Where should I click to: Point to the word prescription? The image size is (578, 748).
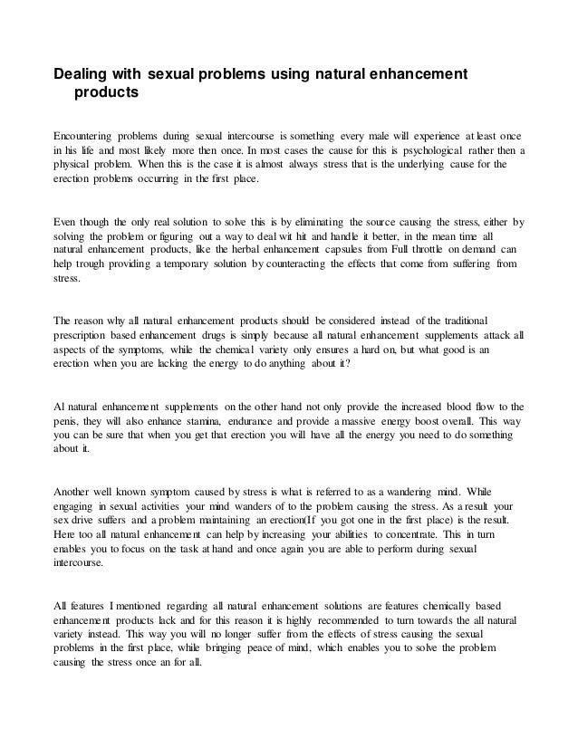point(85,337)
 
